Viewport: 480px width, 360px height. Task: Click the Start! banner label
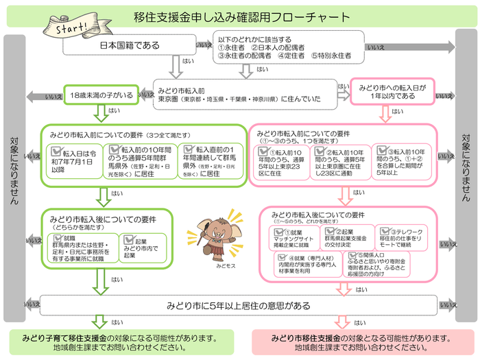point(69,29)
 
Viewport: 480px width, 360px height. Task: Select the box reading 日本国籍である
point(130,46)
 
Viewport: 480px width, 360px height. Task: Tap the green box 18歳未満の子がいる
point(101,94)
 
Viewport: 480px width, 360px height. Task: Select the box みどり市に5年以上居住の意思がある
point(239,304)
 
